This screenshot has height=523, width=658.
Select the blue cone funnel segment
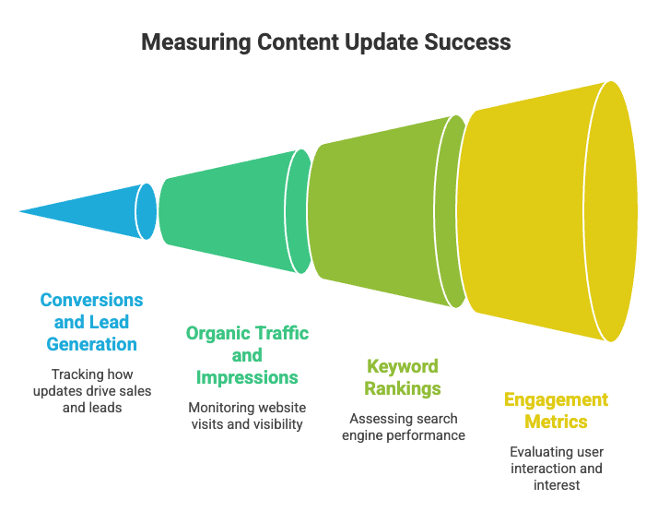click(x=92, y=211)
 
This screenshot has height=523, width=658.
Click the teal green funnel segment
click(x=226, y=211)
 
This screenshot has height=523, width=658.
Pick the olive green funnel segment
click(x=378, y=211)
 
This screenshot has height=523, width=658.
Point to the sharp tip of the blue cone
click(x=21, y=211)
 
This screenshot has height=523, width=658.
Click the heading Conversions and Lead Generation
click(x=91, y=322)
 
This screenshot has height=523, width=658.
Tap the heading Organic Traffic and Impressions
click(x=247, y=355)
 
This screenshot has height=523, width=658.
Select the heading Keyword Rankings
click(x=402, y=377)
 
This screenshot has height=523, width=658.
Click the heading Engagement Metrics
click(x=556, y=410)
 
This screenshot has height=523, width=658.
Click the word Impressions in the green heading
click(x=247, y=377)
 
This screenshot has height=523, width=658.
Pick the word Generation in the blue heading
click(x=91, y=344)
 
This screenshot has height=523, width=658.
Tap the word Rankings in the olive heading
click(x=402, y=388)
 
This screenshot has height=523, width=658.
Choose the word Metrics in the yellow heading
click(x=556, y=422)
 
